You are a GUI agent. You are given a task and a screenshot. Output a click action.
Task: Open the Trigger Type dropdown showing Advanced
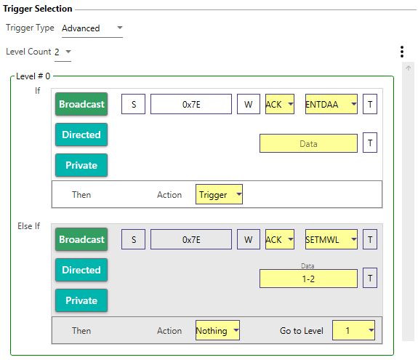[92, 28]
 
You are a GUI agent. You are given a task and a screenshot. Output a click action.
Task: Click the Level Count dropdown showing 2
[63, 52]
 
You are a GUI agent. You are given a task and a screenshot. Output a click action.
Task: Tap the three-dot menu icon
[402, 52]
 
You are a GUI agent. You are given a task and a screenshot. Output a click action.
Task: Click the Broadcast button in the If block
[81, 104]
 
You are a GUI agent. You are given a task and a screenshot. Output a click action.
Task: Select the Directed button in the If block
[81, 135]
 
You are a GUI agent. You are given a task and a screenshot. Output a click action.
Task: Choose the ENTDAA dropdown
[331, 104]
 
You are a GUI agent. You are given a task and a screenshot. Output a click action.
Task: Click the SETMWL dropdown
[331, 239]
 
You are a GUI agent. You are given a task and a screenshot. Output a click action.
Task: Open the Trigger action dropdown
[219, 194]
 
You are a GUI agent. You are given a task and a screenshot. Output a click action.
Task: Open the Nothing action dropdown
[217, 330]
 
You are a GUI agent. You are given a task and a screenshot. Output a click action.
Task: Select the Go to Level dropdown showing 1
[353, 330]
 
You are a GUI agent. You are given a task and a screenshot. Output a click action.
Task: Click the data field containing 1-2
[308, 279]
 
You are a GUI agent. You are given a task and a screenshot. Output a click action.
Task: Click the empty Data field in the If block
[308, 143]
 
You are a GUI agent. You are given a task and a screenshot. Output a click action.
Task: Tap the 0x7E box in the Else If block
[191, 239]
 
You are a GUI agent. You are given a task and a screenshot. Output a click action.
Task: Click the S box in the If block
[133, 104]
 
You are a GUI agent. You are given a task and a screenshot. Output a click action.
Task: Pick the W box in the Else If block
[249, 239]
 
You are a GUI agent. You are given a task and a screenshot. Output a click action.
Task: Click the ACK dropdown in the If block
[280, 104]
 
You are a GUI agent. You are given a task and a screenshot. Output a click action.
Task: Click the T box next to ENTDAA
[370, 104]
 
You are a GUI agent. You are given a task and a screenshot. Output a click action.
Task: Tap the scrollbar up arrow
[408, 68]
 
